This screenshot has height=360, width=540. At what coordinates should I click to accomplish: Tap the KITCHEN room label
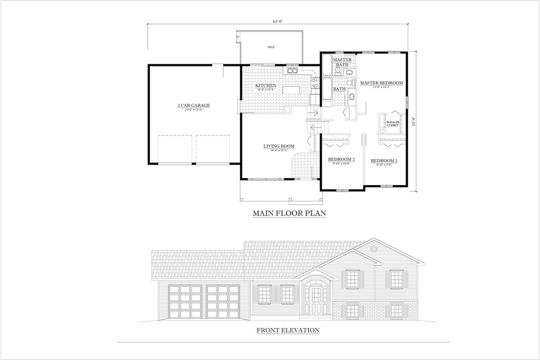pyautogui.click(x=266, y=85)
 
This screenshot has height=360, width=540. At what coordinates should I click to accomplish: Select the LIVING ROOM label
pyautogui.click(x=279, y=146)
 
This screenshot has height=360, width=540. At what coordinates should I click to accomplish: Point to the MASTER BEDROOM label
pyautogui.click(x=381, y=83)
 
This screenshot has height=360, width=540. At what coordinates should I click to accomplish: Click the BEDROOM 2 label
pyautogui.click(x=341, y=160)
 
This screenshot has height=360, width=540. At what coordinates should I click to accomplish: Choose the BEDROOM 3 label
pyautogui.click(x=384, y=161)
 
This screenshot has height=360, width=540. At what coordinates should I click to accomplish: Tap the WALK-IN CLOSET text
pyautogui.click(x=392, y=124)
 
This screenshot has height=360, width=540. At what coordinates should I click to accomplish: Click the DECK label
pyautogui.click(x=271, y=47)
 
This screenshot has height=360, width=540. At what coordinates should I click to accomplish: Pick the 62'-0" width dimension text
pyautogui.click(x=278, y=22)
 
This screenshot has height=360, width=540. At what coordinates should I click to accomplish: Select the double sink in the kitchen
pyautogui.click(x=292, y=70)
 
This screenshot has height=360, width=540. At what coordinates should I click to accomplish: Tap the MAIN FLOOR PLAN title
pyautogui.click(x=290, y=213)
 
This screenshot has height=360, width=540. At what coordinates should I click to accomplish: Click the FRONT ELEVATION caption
pyautogui.click(x=288, y=330)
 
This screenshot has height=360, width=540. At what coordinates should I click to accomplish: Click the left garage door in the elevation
pyautogui.click(x=185, y=301)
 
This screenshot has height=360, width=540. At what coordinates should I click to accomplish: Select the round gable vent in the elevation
pyautogui.click(x=374, y=248)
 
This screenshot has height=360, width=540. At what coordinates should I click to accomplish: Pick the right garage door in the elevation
pyautogui.click(x=223, y=301)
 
